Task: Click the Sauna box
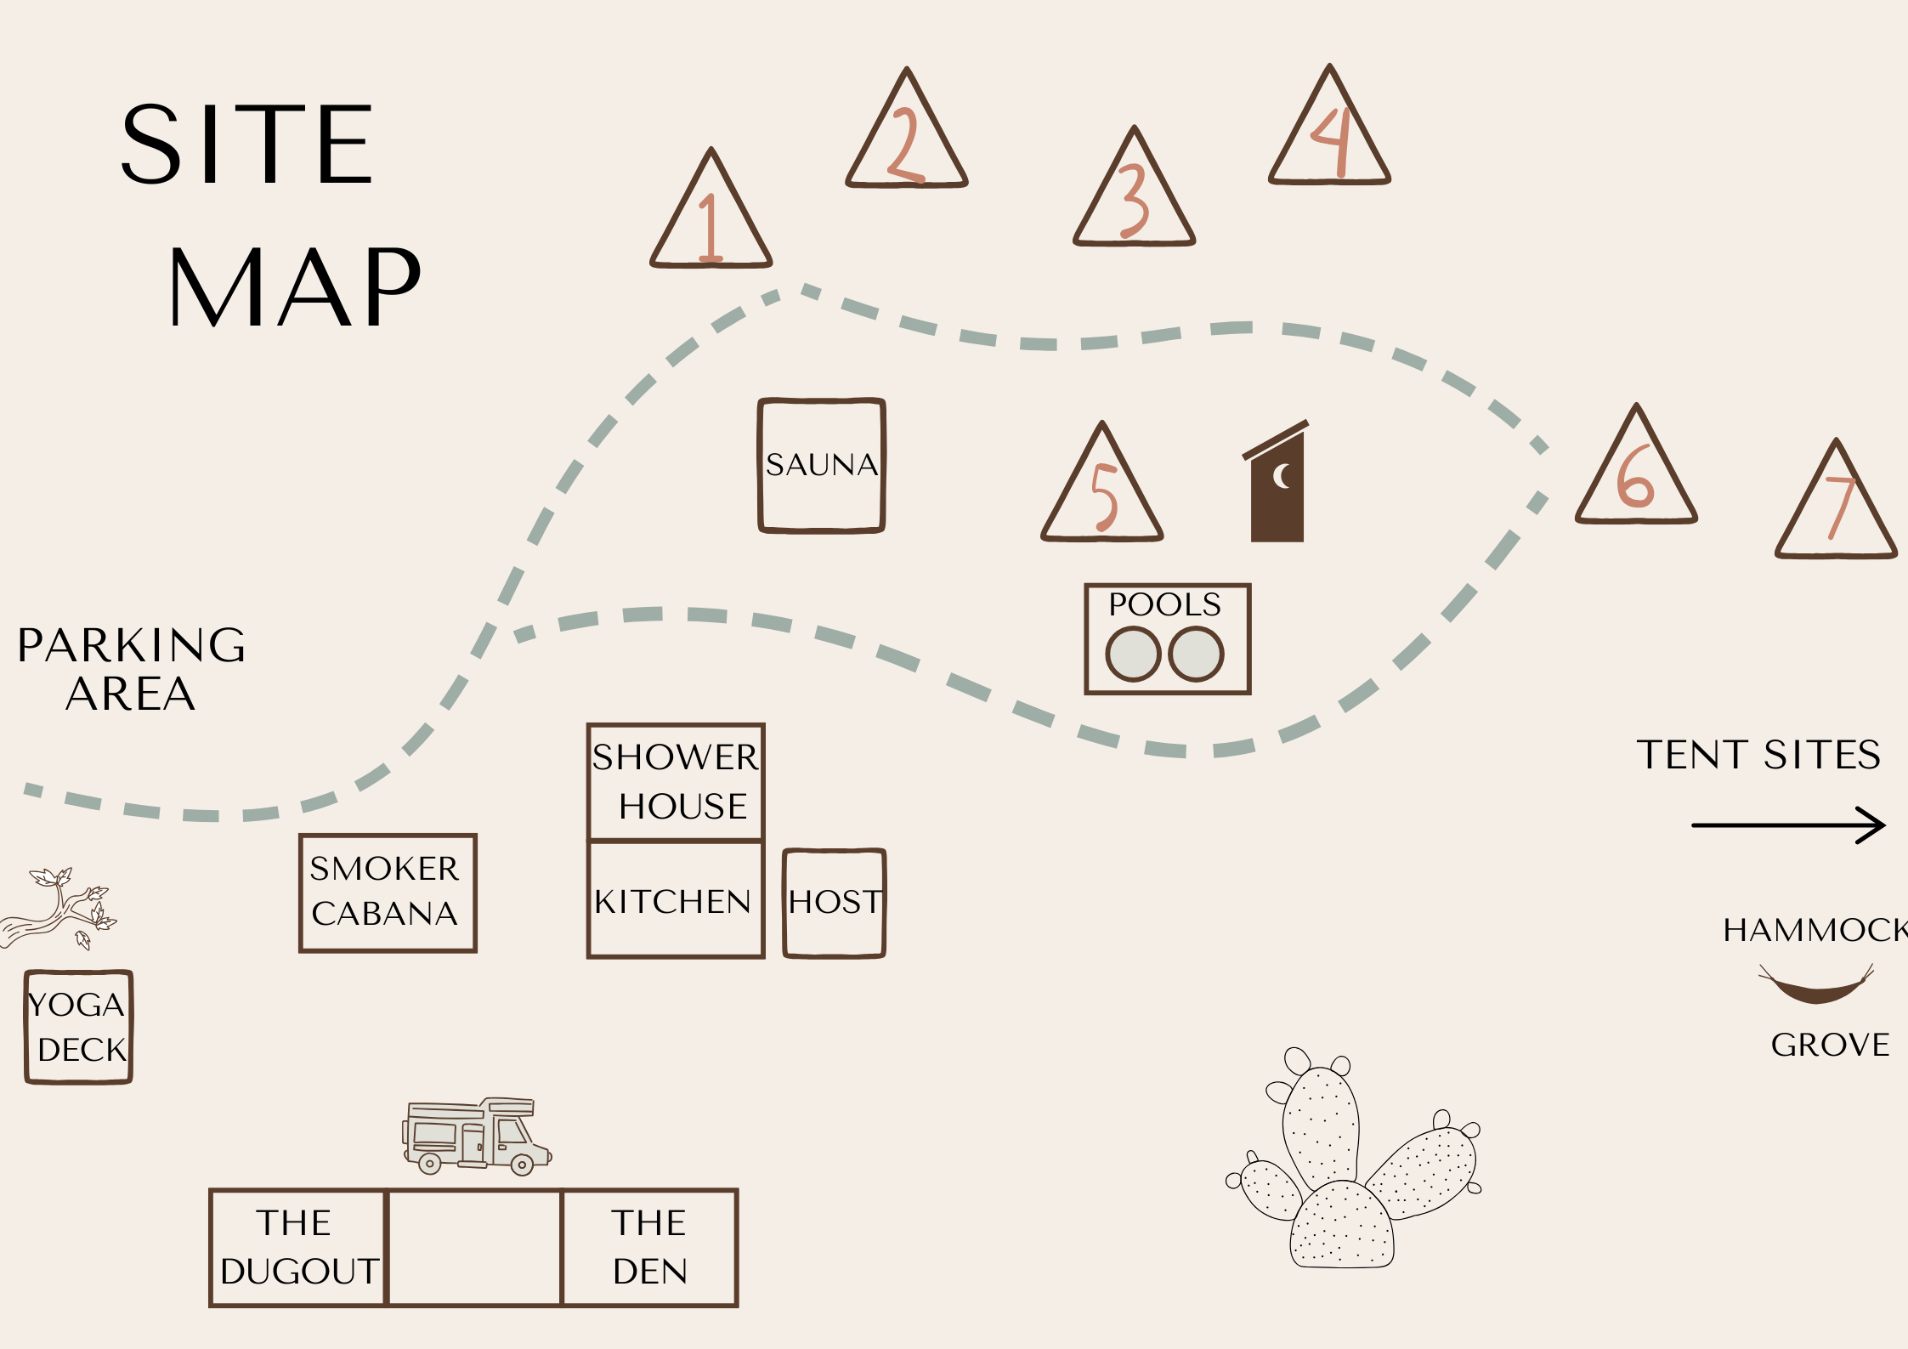[x=821, y=466]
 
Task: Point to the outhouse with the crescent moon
[x=1277, y=488]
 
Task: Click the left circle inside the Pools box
[x=1132, y=654]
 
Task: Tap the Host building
[x=834, y=903]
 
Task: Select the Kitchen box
[x=675, y=900]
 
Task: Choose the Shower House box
[x=675, y=782]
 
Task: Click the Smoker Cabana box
[x=388, y=893]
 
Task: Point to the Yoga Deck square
[x=79, y=1027]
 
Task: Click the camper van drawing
[x=476, y=1136]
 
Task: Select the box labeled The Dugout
[x=297, y=1247]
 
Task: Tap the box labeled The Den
[x=650, y=1247]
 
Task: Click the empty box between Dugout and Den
[x=474, y=1247]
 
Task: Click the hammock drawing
[x=1815, y=986]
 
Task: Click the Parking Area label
[x=132, y=669]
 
